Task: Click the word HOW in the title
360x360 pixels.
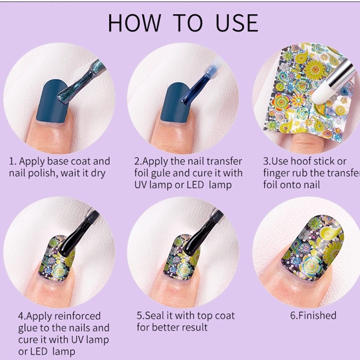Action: pyautogui.click(x=135, y=23)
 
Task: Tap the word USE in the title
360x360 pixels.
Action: pyautogui.click(x=237, y=23)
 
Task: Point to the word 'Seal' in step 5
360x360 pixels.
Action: pyautogui.click(x=154, y=315)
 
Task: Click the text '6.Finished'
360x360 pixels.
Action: pyautogui.click(x=313, y=315)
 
